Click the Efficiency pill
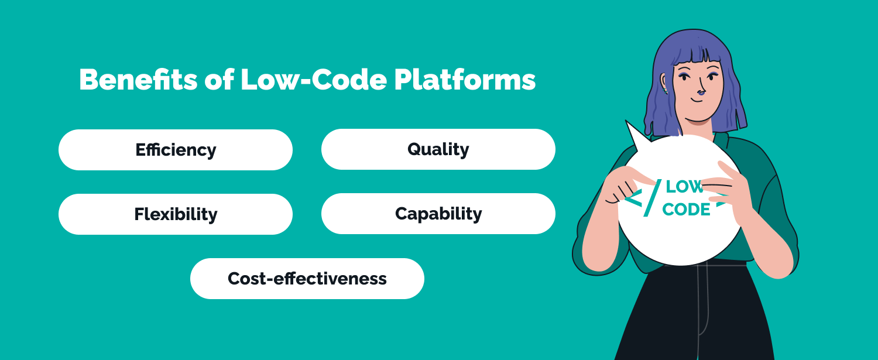pos(176,150)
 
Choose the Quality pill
pos(438,149)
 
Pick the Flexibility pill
pos(176,214)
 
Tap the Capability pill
pos(438,214)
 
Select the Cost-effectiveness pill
pos(307,279)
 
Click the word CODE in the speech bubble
pos(686,210)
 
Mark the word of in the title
pos(218,80)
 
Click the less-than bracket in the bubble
pos(632,198)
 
